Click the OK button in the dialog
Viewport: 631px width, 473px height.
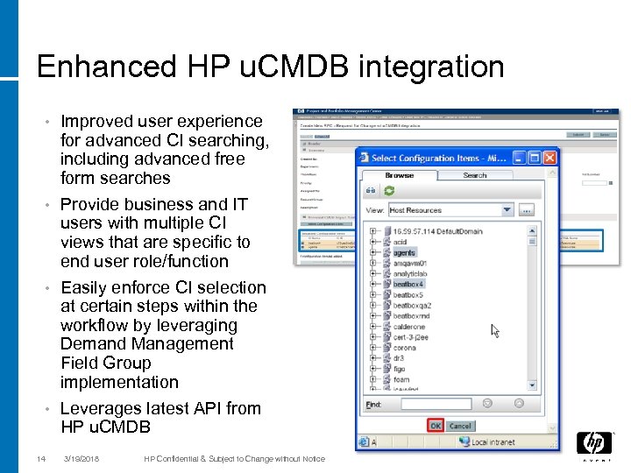tap(436, 426)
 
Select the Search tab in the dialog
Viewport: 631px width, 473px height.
tap(474, 175)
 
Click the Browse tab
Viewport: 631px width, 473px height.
tap(399, 175)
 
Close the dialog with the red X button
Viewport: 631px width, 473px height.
tap(549, 158)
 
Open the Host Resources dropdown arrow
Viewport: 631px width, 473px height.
tap(507, 210)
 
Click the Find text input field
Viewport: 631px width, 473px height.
tap(436, 404)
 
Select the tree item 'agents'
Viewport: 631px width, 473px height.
tap(404, 253)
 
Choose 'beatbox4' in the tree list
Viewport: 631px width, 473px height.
tap(408, 285)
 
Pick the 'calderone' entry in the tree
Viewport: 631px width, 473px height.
tap(408, 327)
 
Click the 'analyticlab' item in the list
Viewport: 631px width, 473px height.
tap(410, 274)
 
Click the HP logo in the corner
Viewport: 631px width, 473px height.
tap(593, 443)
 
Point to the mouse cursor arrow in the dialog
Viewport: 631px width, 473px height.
tap(496, 331)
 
